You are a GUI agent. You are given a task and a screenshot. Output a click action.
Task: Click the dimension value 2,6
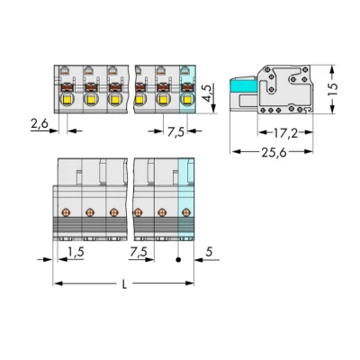coord(40,123)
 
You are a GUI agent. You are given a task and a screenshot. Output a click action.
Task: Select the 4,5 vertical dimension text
coord(209,94)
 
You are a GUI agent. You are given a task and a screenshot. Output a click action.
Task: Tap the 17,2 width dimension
coord(285,133)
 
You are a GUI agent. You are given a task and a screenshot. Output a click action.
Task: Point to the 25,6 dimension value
coord(274,153)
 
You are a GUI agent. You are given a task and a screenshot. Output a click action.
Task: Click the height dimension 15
coord(332,89)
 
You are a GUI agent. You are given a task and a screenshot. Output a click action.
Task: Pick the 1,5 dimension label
coord(76,252)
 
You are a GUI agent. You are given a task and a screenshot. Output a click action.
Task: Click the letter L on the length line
coord(125,284)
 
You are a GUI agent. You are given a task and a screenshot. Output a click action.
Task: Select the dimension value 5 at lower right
coord(209,252)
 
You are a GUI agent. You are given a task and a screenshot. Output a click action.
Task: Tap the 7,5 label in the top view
coord(175,132)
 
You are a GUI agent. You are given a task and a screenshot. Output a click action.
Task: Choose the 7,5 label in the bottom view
coord(139,252)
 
